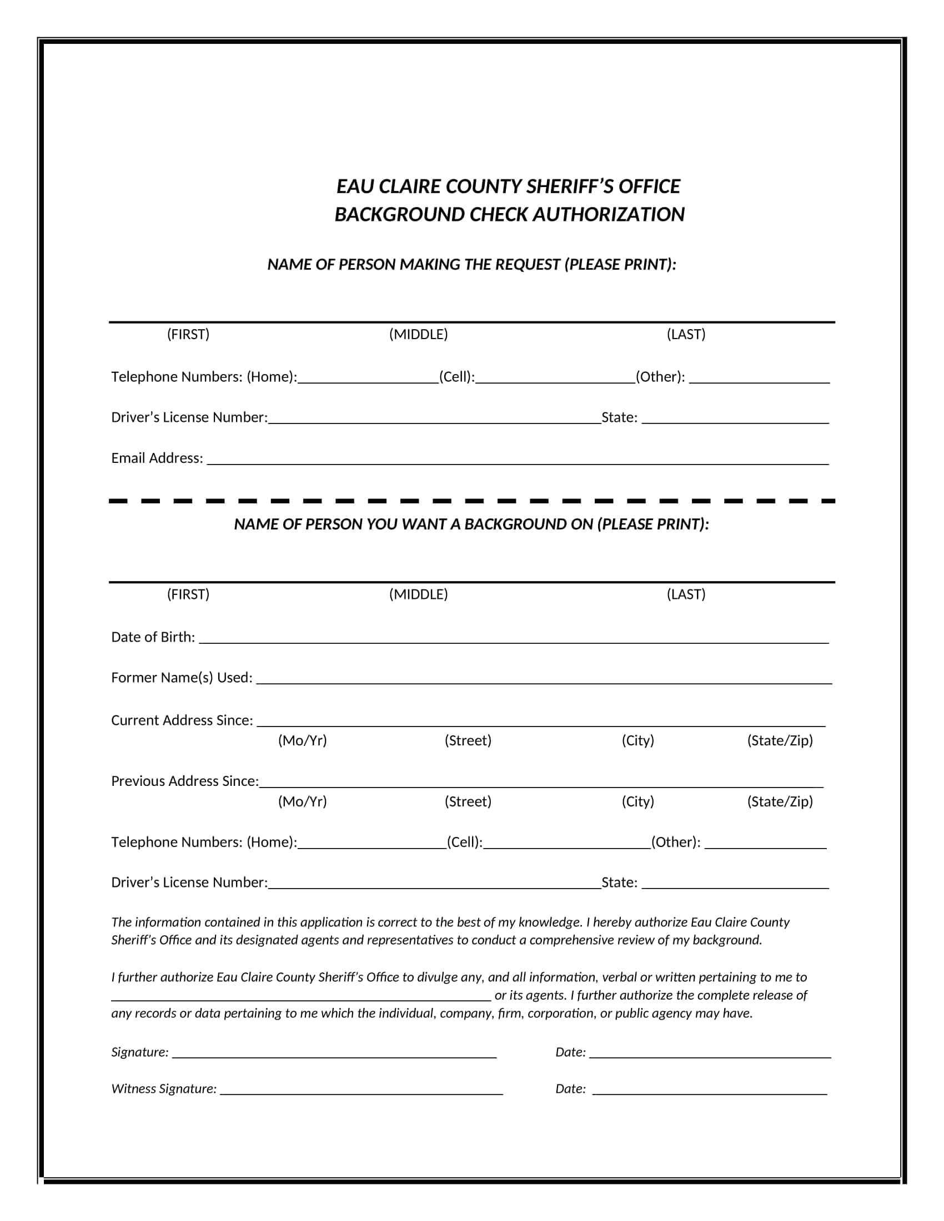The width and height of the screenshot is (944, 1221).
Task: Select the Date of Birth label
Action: [153, 637]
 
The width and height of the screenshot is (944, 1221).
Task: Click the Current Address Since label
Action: [182, 720]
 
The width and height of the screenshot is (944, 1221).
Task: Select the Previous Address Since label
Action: [184, 781]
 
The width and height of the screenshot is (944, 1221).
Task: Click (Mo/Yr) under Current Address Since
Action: [302, 740]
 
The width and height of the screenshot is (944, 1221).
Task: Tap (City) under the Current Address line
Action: [637, 740]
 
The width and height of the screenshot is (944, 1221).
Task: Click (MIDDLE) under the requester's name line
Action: [418, 334]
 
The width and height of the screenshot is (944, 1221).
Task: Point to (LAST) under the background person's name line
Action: [686, 594]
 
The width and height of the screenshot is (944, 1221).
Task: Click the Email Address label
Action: [157, 458]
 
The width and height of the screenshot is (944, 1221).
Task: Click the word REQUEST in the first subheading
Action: [528, 264]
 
